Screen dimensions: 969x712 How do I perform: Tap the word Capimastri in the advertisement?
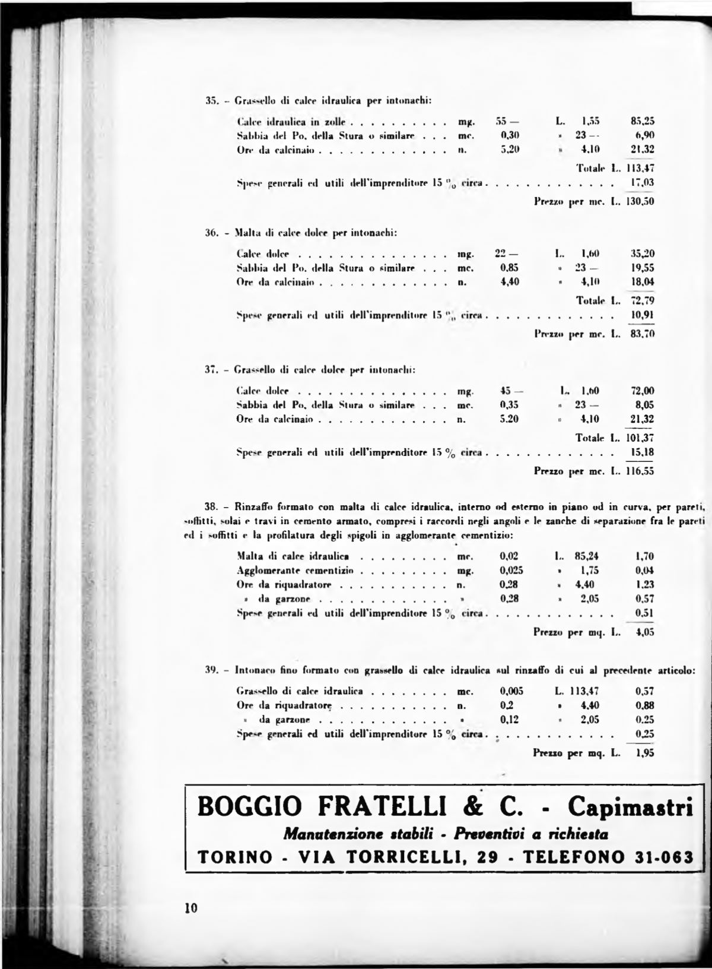(630, 808)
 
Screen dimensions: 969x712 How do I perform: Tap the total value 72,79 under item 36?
(643, 300)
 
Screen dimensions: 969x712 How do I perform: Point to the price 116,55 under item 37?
(641, 471)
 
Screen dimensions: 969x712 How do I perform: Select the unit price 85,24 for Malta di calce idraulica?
(586, 556)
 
